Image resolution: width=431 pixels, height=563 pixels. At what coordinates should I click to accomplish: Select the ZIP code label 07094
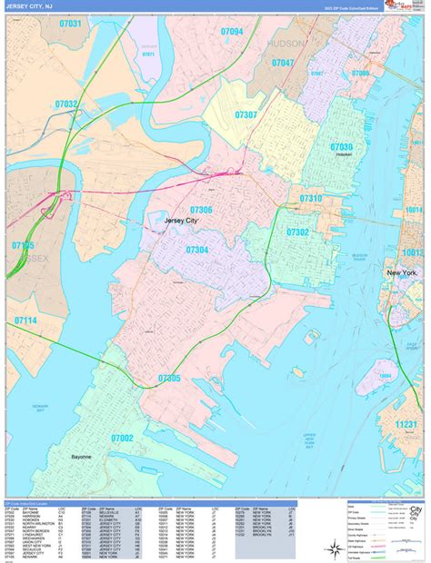231,32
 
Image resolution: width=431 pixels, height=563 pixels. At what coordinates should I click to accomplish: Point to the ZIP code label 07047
282,63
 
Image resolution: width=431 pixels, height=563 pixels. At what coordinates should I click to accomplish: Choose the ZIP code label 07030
341,146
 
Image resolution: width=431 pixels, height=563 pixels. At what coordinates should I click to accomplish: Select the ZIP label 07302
297,232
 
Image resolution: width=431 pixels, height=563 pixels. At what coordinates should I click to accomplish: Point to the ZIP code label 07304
197,250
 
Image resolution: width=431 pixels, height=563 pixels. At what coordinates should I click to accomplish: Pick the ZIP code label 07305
169,378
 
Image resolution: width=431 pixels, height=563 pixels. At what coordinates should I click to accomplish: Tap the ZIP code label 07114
25,321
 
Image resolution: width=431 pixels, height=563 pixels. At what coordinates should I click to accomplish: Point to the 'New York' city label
402,272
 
